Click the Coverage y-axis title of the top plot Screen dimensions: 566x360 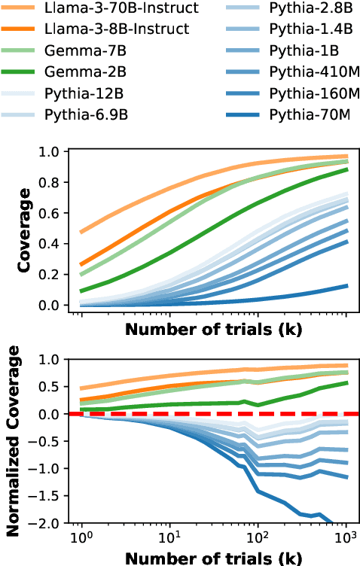click(x=24, y=229)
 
